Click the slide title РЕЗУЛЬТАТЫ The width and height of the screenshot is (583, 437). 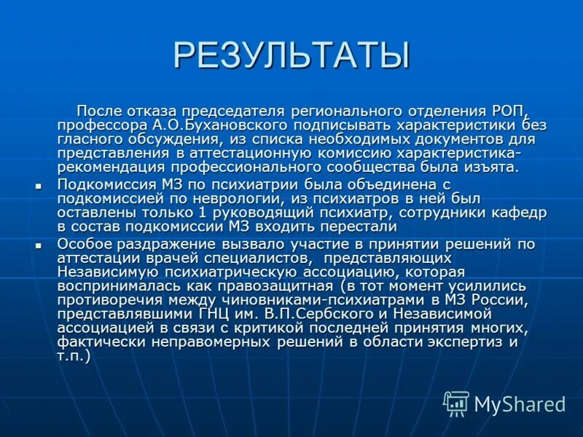(x=291, y=56)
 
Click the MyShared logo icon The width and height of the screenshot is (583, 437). (x=456, y=403)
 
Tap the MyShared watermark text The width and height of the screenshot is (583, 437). (x=520, y=403)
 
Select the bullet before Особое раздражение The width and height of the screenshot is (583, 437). (x=39, y=246)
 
